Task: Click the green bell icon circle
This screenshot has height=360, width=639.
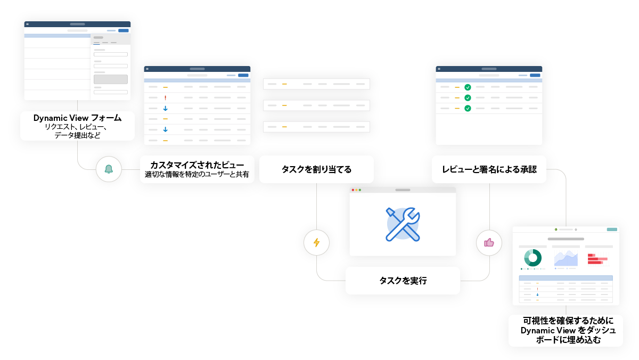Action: tap(109, 169)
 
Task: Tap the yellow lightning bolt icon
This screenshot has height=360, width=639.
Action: tap(316, 242)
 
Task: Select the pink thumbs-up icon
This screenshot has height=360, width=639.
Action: tap(489, 242)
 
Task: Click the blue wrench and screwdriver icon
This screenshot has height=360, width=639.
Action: tap(403, 223)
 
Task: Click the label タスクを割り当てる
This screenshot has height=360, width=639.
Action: tap(316, 170)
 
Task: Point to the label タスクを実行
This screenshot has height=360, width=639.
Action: tap(403, 281)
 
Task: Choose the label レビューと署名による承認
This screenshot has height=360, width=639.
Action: tap(489, 170)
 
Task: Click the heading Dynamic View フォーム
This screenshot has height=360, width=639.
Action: tap(77, 118)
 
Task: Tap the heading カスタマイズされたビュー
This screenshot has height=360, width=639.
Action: tap(197, 165)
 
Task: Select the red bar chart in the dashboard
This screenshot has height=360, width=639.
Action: tap(597, 259)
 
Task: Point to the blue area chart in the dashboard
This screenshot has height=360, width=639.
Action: tap(566, 258)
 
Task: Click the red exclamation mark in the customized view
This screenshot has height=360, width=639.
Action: tap(166, 98)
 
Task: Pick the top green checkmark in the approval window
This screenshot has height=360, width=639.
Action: tap(468, 87)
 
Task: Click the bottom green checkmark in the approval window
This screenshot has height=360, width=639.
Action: tap(468, 108)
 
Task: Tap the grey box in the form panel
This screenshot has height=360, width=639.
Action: tap(111, 79)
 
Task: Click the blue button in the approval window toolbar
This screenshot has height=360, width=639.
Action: tap(535, 75)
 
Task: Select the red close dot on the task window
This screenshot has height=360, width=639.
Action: tap(352, 190)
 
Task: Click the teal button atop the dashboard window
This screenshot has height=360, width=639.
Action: tap(612, 229)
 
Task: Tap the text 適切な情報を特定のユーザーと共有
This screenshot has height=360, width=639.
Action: tap(197, 174)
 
